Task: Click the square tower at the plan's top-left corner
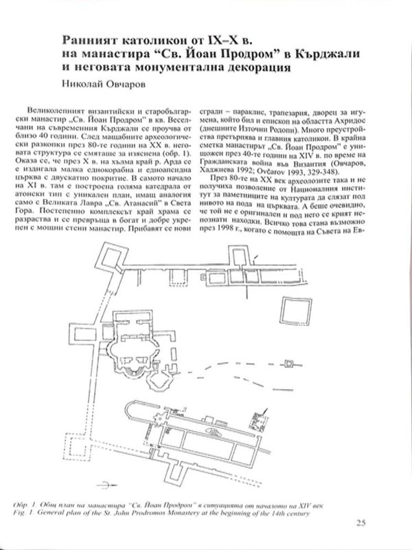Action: tap(109, 256)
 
